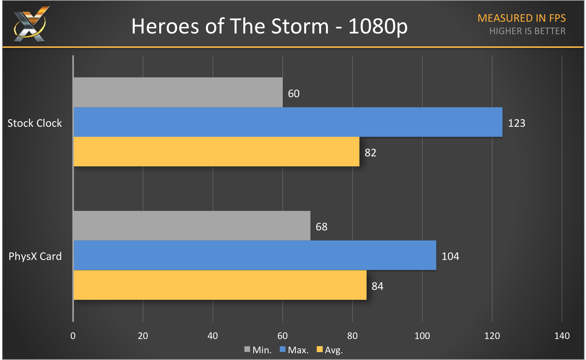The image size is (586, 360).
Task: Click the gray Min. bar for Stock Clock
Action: [x=178, y=92]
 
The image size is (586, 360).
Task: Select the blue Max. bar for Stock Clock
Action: [x=288, y=122]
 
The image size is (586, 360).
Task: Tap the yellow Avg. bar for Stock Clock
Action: [x=216, y=152]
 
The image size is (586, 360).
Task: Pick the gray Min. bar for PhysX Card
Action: [x=192, y=226]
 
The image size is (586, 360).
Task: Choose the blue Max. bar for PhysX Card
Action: [x=255, y=255]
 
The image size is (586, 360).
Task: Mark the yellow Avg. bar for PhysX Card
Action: [x=220, y=285]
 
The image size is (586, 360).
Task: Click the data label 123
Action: [x=516, y=123]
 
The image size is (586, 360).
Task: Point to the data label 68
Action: [x=321, y=227]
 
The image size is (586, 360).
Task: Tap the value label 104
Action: [x=450, y=256]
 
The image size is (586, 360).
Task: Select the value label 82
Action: [x=370, y=153]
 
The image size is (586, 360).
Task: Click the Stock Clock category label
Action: [x=35, y=123]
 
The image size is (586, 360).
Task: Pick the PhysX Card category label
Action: [x=35, y=256]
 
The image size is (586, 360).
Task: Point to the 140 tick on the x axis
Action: [x=562, y=336]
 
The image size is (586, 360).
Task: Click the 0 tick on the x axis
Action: [x=73, y=336]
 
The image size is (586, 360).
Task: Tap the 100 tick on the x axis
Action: [x=422, y=336]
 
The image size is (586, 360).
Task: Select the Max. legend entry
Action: [x=294, y=350]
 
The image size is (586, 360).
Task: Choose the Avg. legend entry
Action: [x=330, y=350]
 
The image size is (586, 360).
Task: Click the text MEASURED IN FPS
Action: [x=522, y=18]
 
